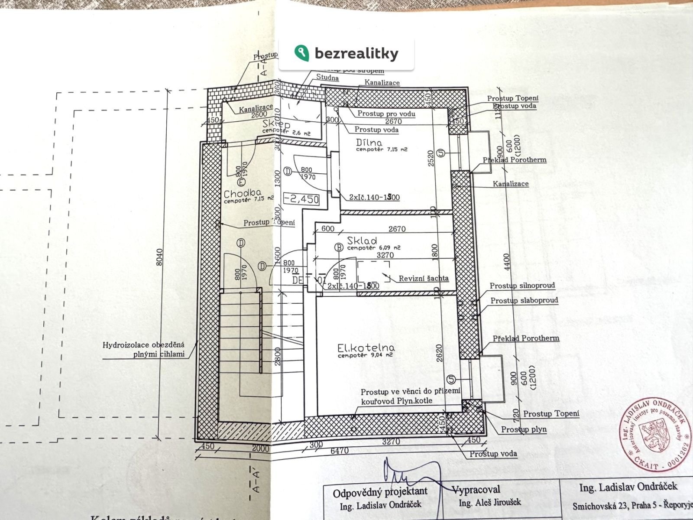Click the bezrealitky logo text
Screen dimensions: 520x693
pyautogui.click(x=356, y=54)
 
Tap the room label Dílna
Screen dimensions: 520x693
pyautogui.click(x=369, y=143)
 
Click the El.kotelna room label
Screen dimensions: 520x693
pyautogui.click(x=366, y=348)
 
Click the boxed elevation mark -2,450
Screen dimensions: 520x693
pyautogui.click(x=301, y=199)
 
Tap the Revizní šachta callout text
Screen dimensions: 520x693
pyautogui.click(x=424, y=278)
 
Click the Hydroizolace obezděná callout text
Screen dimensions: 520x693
pyautogui.click(x=144, y=345)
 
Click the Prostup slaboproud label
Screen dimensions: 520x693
pyautogui.click(x=524, y=300)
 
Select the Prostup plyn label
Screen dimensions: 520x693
pyautogui.click(x=524, y=429)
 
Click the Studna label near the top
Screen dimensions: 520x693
pyautogui.click(x=327, y=78)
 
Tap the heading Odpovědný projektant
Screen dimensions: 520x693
pyautogui.click(x=380, y=492)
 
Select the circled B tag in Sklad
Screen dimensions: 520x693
pyautogui.click(x=339, y=247)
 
